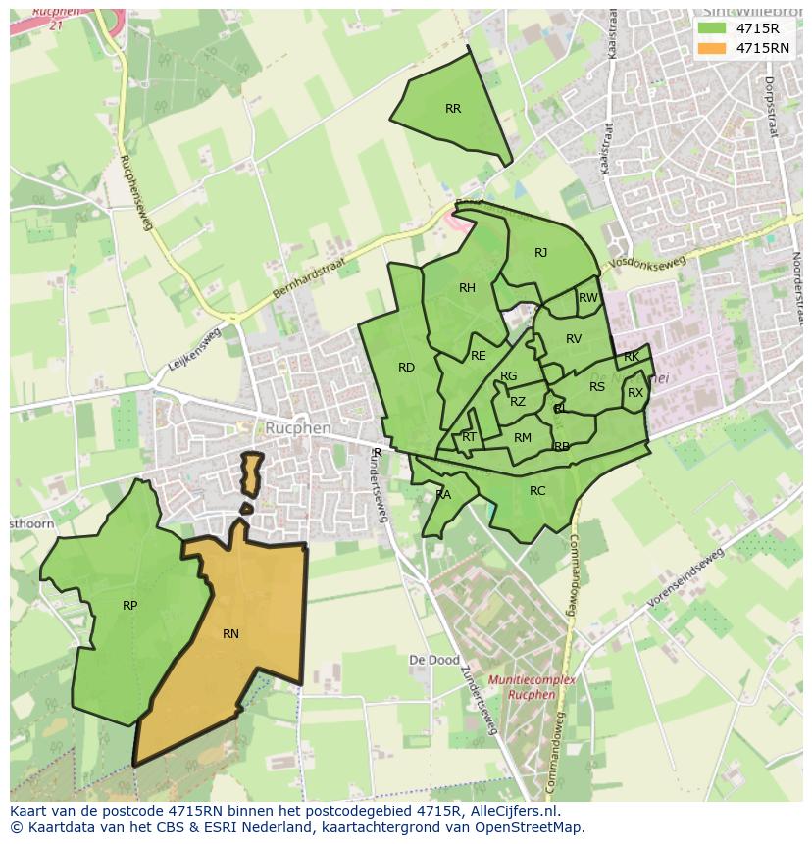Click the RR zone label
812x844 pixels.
[453, 109]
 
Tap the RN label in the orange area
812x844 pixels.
[230, 634]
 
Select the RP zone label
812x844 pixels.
[129, 606]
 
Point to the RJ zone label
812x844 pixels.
[540, 253]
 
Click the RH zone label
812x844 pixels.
[467, 288]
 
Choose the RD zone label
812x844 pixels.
[406, 368]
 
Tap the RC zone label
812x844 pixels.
[537, 491]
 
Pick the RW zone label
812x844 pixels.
[587, 298]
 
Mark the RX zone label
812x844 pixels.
[635, 393]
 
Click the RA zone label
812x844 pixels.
[443, 495]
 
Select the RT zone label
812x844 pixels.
[469, 437]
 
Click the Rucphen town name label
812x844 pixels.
[299, 429]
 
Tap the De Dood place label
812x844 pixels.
[433, 661]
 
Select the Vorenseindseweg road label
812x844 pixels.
[685, 577]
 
